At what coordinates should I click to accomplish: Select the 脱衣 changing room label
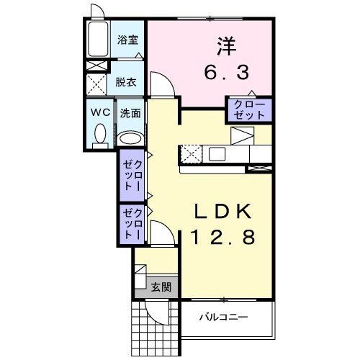coord(126,81)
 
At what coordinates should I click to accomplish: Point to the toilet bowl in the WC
coord(100,134)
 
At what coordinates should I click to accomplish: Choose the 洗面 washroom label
coord(130,112)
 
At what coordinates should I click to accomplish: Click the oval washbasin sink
coord(130,138)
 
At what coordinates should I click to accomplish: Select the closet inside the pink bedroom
coord(249,110)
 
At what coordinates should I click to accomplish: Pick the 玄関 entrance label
coord(161,286)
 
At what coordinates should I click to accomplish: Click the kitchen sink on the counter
coord(215,153)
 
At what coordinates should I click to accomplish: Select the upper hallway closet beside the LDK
coord(132,175)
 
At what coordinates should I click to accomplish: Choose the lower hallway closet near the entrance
coord(132,223)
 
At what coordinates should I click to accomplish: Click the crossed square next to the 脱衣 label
coord(96,83)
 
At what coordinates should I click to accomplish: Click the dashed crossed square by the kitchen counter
coord(191,153)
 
